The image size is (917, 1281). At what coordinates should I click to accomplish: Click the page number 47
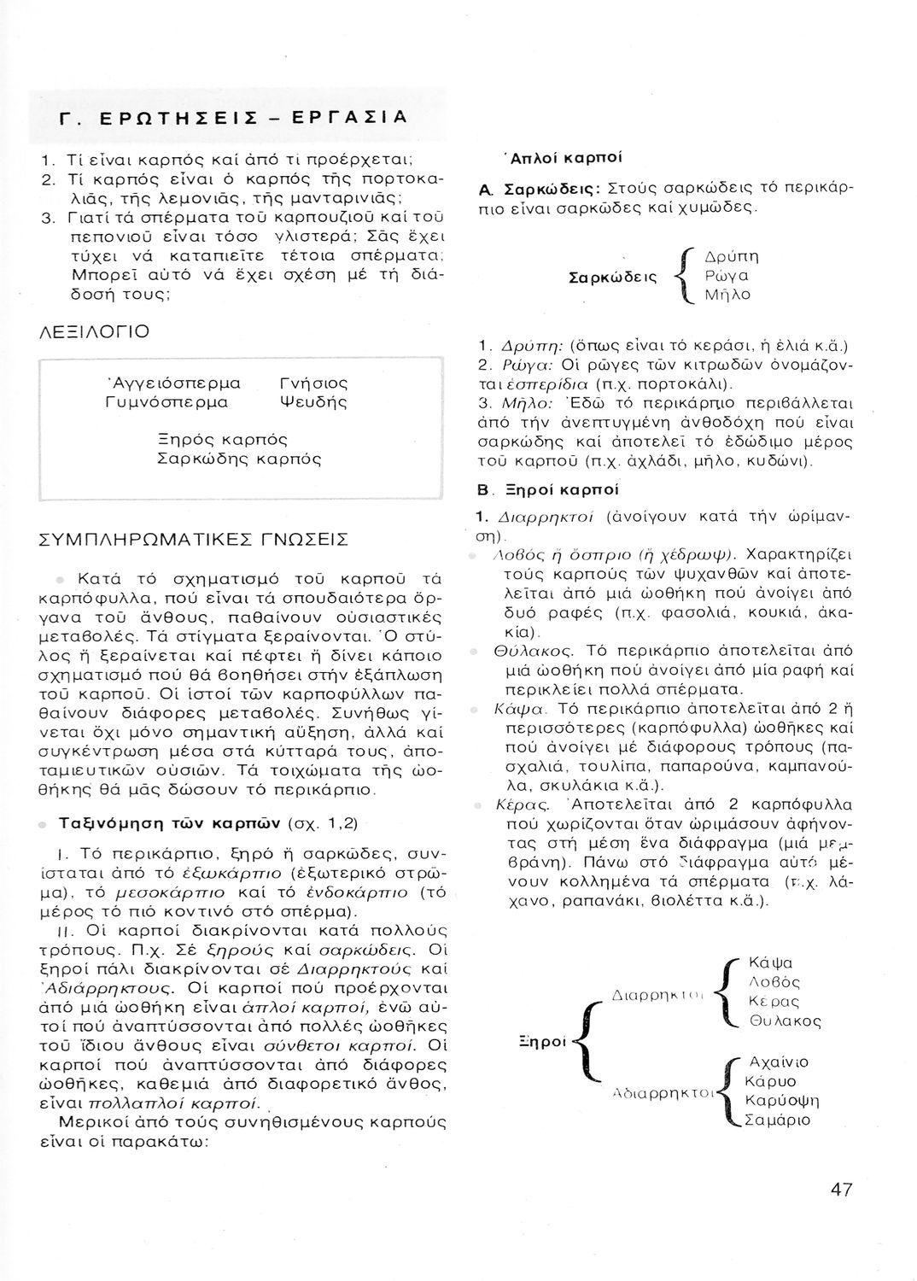click(x=840, y=1190)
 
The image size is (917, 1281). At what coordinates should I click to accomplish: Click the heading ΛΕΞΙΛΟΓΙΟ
click(x=95, y=331)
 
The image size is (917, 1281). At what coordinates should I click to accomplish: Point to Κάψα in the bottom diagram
click(x=770, y=963)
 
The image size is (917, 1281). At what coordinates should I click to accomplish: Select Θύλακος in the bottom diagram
click(x=785, y=1021)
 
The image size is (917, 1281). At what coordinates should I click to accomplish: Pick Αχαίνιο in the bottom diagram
click(x=778, y=1063)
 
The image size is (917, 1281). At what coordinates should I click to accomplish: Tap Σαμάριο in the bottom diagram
click(x=778, y=1120)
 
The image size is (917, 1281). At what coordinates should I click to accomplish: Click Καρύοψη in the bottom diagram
click(x=783, y=1101)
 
